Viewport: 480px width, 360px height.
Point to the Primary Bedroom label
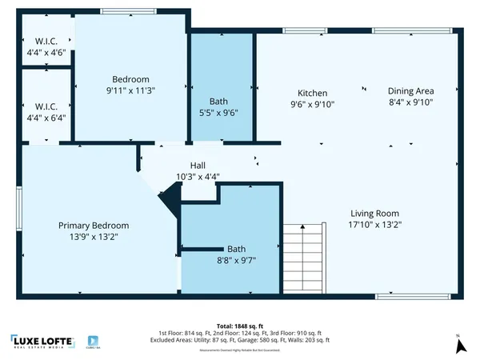click(x=93, y=226)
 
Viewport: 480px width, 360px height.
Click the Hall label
click(x=186, y=165)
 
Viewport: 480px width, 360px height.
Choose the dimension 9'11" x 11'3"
click(x=131, y=90)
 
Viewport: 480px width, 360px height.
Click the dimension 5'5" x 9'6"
click(x=218, y=114)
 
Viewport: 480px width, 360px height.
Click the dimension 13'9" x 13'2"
click(x=93, y=237)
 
